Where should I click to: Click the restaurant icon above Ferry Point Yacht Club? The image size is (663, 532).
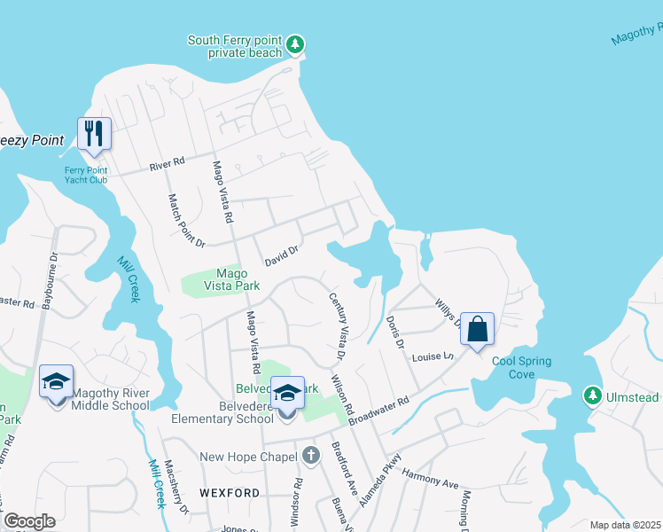coord(94,134)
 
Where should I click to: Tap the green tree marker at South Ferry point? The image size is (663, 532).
coord(296,43)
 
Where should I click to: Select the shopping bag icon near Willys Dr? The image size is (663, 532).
coord(477,329)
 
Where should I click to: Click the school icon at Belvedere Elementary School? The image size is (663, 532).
coord(287,392)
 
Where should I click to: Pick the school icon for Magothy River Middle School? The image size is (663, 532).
coord(56,381)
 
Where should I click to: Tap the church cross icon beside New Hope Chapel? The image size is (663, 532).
coord(310,456)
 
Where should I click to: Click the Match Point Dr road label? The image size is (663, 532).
coord(175,222)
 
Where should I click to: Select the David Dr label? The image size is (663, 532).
coord(283,257)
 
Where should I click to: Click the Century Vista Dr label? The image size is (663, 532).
coord(336,326)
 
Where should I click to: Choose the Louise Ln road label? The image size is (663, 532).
coord(433,357)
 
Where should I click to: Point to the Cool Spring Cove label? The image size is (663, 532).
coord(522,367)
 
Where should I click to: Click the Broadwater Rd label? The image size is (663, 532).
coord(378,411)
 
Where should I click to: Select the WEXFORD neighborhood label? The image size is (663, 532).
coord(230,492)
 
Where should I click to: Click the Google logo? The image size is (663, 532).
coord(29,521)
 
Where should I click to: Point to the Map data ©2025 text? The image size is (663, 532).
coord(626,525)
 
